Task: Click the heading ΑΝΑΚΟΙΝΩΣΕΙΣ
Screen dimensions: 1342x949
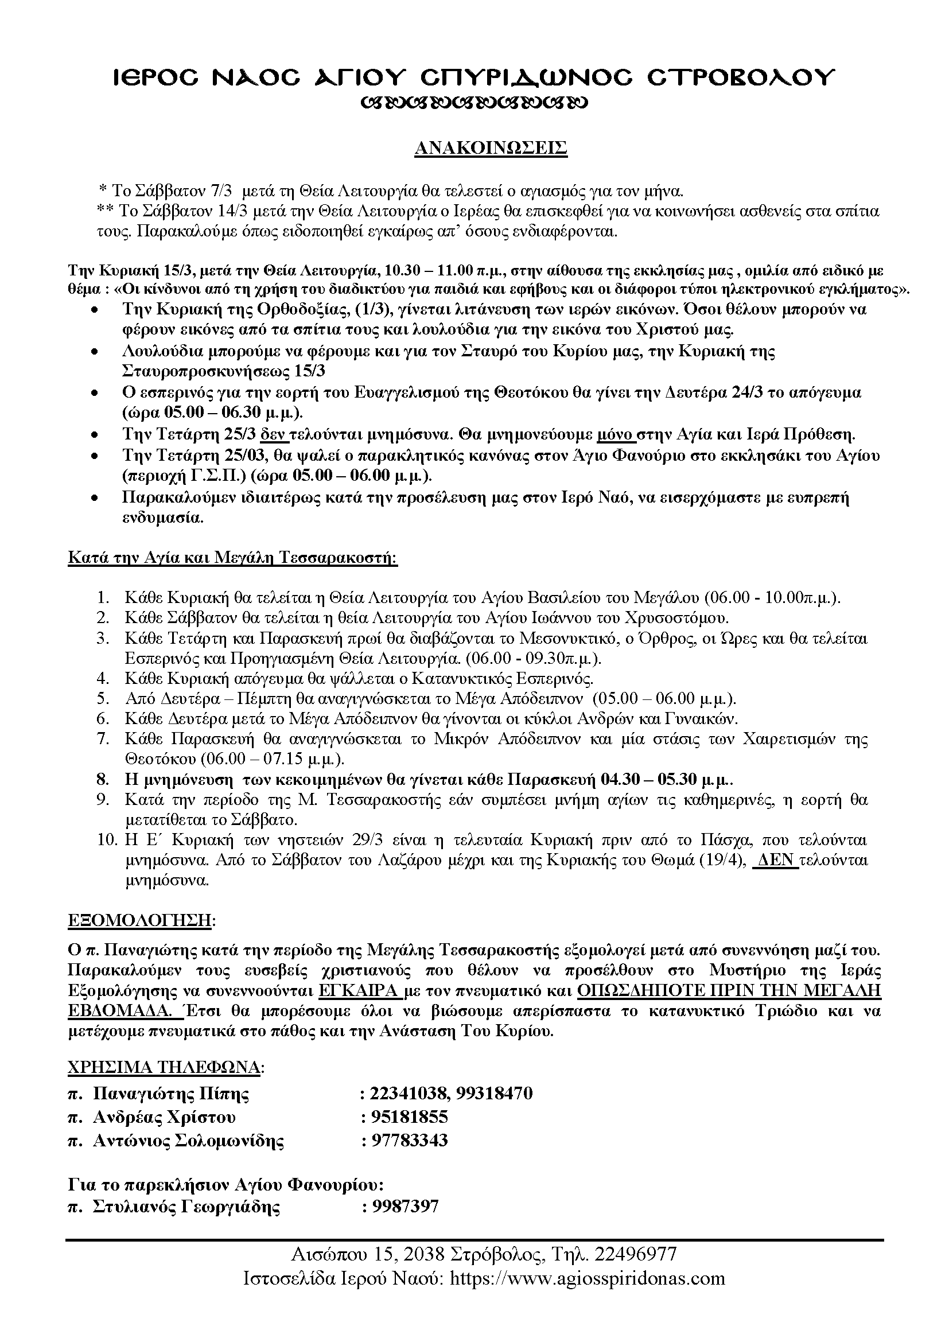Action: [x=491, y=149]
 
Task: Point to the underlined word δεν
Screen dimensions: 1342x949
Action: [x=273, y=434]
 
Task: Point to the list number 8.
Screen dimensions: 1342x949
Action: [x=103, y=779]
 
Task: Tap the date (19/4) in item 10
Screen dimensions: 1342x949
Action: [x=725, y=860]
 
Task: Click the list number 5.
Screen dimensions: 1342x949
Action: [x=103, y=698]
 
